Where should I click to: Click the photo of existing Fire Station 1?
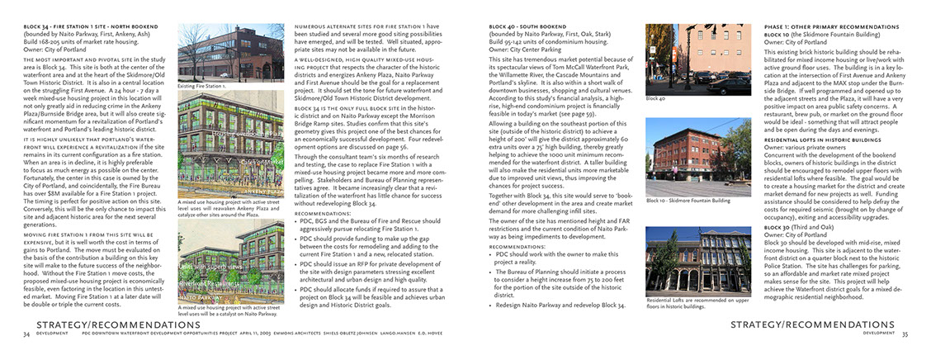(x=224, y=53)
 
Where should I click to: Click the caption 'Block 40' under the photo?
(x=656, y=98)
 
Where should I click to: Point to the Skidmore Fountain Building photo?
(x=686, y=156)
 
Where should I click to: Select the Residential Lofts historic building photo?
(x=686, y=262)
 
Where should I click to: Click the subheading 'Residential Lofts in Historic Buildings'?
(x=816, y=140)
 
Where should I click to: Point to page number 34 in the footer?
(x=27, y=334)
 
